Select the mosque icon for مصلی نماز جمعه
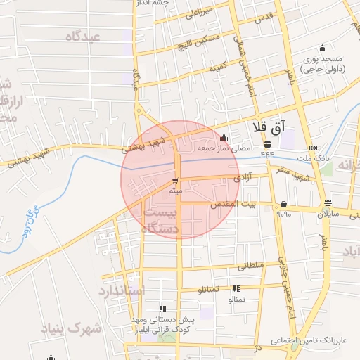tap(224, 137)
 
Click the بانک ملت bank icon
tap(312, 148)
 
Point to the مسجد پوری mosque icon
tap(322, 49)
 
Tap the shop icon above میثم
tap(175, 181)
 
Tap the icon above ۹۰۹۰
tap(283, 204)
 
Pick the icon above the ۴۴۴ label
tap(268, 144)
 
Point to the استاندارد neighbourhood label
tap(120, 290)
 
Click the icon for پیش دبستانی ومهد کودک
tap(162, 308)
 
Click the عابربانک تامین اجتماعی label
tap(307, 340)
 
